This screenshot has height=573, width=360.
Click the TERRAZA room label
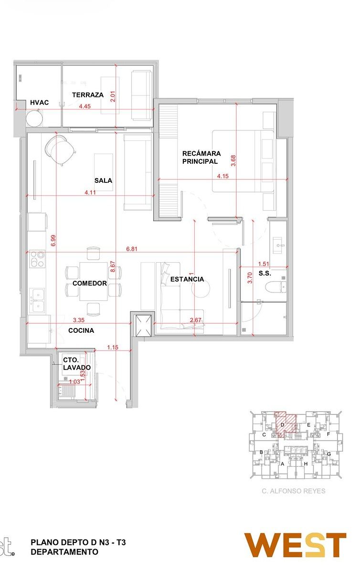coord(88,95)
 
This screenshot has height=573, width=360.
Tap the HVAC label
coord(40,103)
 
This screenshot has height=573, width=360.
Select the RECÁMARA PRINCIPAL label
coord(201,157)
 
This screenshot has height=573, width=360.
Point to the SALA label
coord(104,180)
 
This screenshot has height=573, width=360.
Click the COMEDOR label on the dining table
coord(90,283)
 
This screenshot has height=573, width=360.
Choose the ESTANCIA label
coord(187,279)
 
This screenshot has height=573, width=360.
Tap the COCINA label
coord(81,330)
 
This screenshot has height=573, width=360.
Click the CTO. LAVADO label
coord(77,364)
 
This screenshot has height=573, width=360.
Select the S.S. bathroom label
coord(265,273)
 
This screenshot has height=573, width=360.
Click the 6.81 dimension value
coord(132,249)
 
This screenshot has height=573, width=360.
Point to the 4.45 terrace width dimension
coord(85,106)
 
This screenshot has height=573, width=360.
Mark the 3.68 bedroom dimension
coord(233,160)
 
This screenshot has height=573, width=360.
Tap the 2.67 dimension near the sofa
coord(195,320)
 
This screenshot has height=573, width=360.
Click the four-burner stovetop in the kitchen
coord(37,259)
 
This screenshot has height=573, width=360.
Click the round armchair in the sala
coord(60,150)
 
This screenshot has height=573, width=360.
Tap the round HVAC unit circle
coord(35,118)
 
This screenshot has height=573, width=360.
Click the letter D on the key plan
coord(283,425)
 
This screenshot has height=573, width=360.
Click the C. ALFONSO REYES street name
coord(294,491)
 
